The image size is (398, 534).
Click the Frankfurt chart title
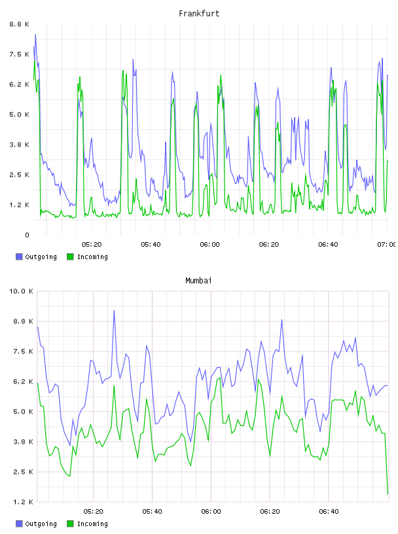[x=199, y=13]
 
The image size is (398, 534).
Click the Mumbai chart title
[x=198, y=280]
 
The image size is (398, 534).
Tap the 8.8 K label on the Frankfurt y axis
[x=19, y=24]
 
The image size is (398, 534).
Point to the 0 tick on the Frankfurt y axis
[x=27, y=235]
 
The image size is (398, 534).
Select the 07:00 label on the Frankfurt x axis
[x=388, y=244]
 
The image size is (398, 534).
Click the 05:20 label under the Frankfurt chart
[x=92, y=244]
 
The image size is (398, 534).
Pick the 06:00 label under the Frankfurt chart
[x=210, y=244]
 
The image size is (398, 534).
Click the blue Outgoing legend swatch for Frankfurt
[x=19, y=257]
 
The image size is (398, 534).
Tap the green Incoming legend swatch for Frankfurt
[x=70, y=257]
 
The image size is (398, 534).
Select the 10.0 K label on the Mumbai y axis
[x=21, y=291]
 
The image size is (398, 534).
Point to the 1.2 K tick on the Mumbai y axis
[x=23, y=502]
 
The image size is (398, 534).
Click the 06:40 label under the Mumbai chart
[x=329, y=511]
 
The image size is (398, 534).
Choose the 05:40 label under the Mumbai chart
[x=153, y=511]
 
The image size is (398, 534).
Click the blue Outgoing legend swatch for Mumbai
[x=19, y=524]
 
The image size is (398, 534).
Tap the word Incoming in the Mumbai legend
[x=92, y=524]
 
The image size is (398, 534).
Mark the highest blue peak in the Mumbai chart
[x=114, y=310]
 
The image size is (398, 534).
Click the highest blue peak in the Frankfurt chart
[x=35, y=35]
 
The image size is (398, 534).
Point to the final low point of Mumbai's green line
[x=388, y=494]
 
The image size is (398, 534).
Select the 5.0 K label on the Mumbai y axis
[x=23, y=412]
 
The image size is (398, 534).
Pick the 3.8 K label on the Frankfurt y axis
[x=19, y=145]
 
